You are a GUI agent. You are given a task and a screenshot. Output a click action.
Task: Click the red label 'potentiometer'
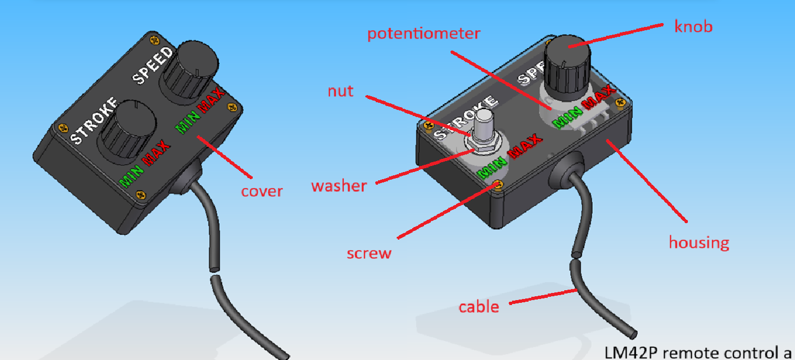[424, 34]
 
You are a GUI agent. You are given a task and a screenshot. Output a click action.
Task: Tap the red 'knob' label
[693, 26]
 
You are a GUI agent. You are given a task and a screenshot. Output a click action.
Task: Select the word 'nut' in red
[340, 92]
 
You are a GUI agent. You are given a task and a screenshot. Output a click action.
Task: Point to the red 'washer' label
[339, 186]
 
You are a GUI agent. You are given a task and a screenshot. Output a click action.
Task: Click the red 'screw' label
[369, 253]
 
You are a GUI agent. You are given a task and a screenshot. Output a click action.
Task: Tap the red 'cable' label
[479, 306]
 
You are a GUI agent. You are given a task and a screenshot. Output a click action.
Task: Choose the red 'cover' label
[262, 192]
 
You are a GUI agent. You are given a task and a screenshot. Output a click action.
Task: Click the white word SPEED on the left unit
[153, 66]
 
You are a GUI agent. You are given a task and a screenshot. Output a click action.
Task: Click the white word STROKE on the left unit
[94, 121]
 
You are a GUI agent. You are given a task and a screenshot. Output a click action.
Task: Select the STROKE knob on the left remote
[129, 131]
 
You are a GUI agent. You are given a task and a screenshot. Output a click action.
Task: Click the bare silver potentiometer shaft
[483, 125]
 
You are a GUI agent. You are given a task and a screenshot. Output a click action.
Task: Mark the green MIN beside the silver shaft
[492, 168]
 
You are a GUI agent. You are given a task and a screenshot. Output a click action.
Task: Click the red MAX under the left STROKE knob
[156, 153]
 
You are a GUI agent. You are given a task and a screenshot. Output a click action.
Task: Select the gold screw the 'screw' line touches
[498, 185]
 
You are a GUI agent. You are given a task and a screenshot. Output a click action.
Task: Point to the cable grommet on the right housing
[566, 170]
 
